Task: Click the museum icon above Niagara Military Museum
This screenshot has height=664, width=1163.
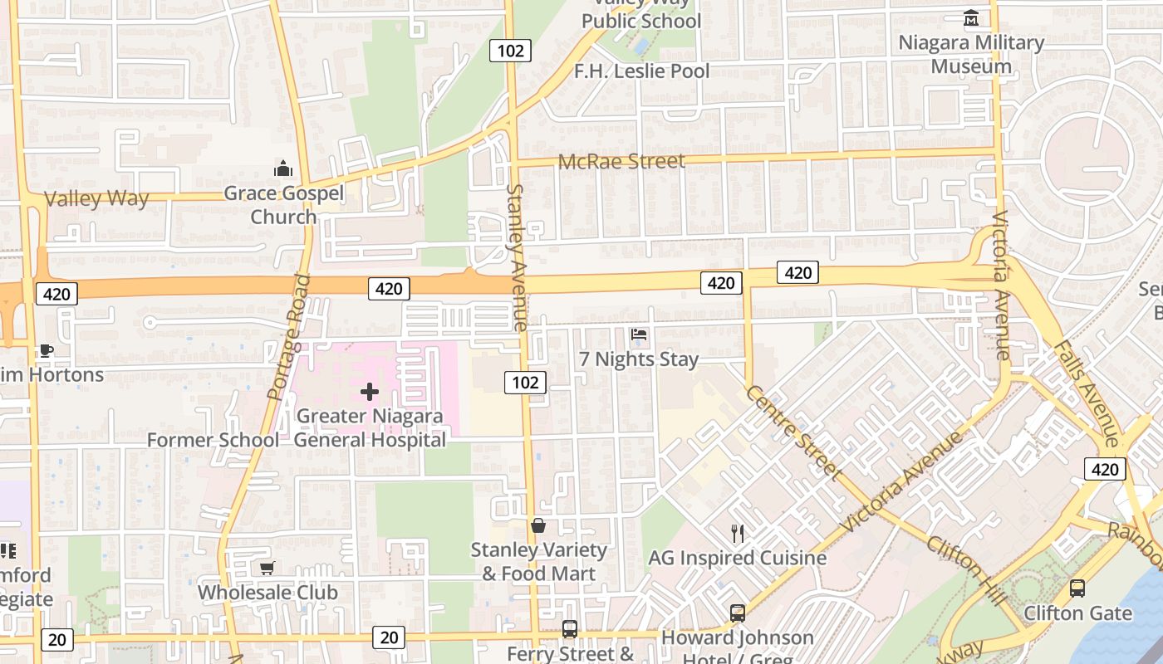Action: pyautogui.click(x=970, y=18)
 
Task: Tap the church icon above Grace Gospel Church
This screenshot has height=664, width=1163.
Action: pyautogui.click(x=283, y=169)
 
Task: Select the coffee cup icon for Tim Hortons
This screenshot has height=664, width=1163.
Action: pyautogui.click(x=47, y=351)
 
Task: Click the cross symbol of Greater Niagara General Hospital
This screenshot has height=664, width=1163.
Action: pyautogui.click(x=370, y=392)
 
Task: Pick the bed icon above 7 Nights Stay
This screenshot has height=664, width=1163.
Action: pyautogui.click(x=639, y=334)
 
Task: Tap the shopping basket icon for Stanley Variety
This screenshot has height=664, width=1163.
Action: pyautogui.click(x=538, y=525)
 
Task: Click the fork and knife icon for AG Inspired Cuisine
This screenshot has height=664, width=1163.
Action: pyautogui.click(x=737, y=533)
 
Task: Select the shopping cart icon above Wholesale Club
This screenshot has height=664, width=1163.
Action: pyautogui.click(x=267, y=569)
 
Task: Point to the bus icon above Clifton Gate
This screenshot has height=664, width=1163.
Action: pyautogui.click(x=1077, y=588)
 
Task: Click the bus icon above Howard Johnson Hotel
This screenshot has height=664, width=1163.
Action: pyautogui.click(x=737, y=613)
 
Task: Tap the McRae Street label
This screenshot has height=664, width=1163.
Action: pyautogui.click(x=621, y=161)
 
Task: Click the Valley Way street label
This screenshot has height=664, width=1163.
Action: pyautogui.click(x=96, y=199)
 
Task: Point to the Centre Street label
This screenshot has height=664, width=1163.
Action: pyautogui.click(x=794, y=432)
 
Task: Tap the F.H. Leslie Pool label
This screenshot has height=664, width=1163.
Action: pyautogui.click(x=641, y=71)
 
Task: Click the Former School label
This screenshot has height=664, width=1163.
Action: pyautogui.click(x=213, y=440)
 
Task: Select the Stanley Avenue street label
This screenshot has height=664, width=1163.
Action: pyautogui.click(x=517, y=257)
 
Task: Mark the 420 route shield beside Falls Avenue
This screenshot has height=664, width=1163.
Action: pyautogui.click(x=1104, y=470)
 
